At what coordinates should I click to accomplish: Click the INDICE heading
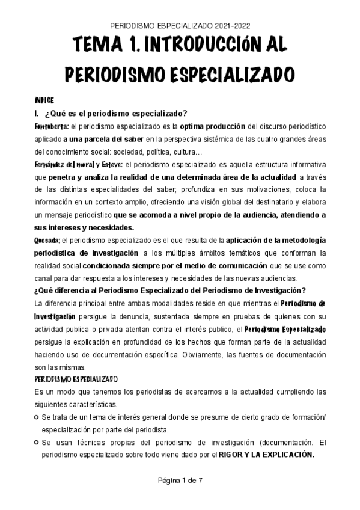pos(44,101)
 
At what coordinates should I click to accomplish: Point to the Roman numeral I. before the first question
pos(37,114)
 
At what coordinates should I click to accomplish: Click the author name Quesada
pos(46,240)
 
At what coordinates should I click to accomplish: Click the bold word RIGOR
pos(231,454)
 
